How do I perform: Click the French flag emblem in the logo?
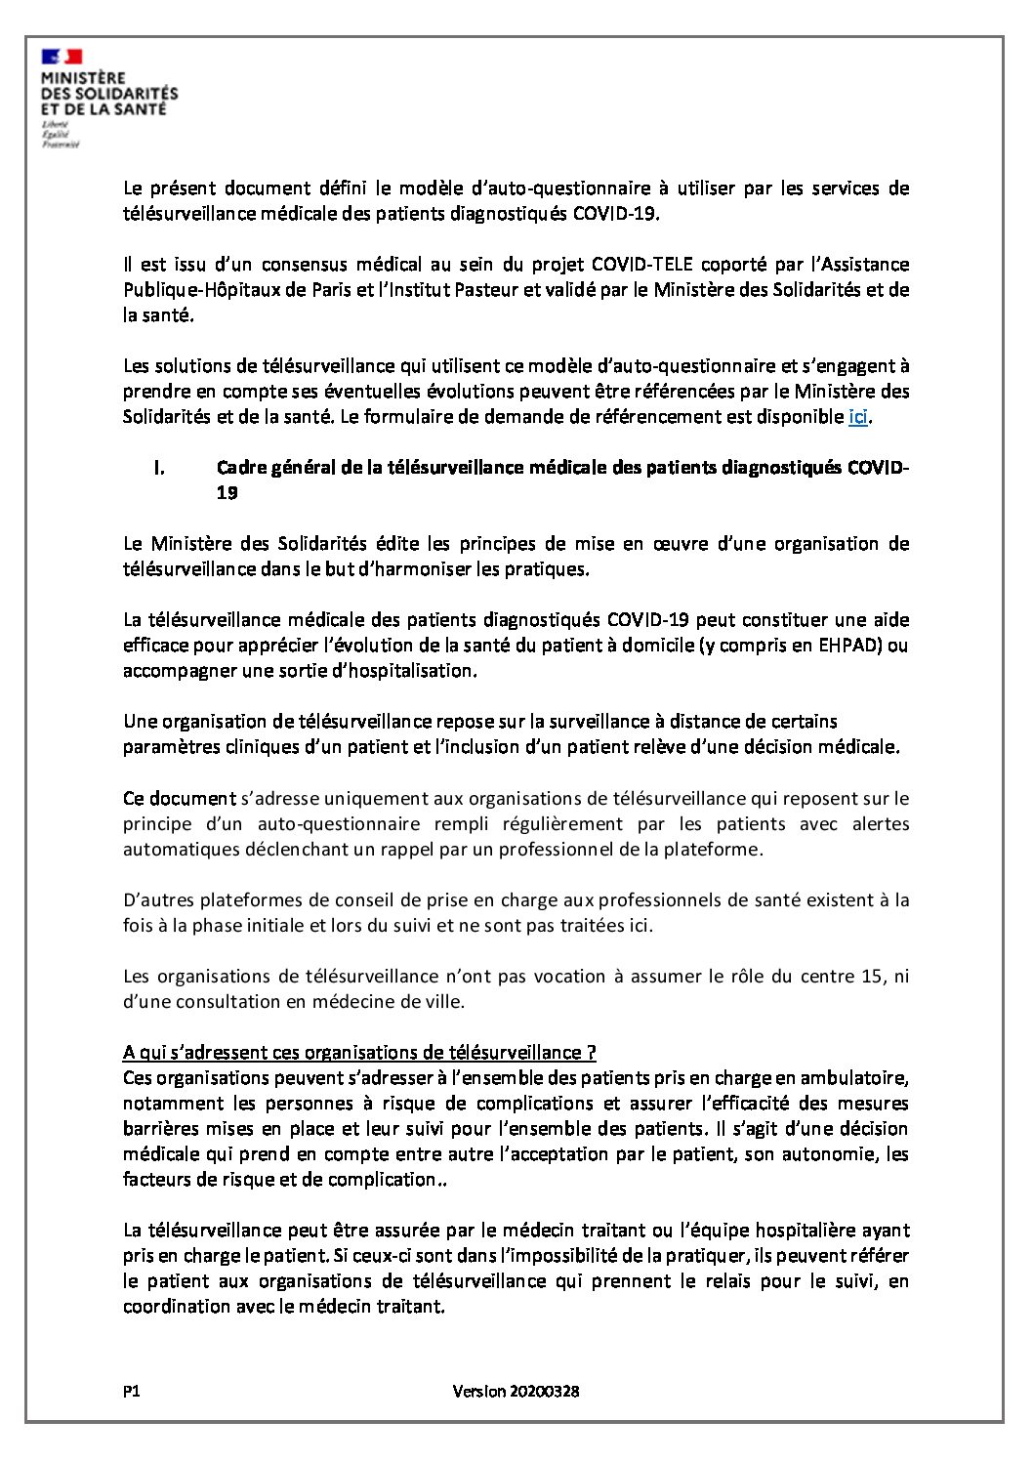[x=62, y=57]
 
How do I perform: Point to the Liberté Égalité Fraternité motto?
[x=60, y=135]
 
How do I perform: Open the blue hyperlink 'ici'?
[x=857, y=417]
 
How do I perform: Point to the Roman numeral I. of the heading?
[x=158, y=468]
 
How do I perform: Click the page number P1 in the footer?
[x=132, y=1391]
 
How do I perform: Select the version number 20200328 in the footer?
[x=544, y=1391]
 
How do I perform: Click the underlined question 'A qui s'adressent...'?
[x=359, y=1052]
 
